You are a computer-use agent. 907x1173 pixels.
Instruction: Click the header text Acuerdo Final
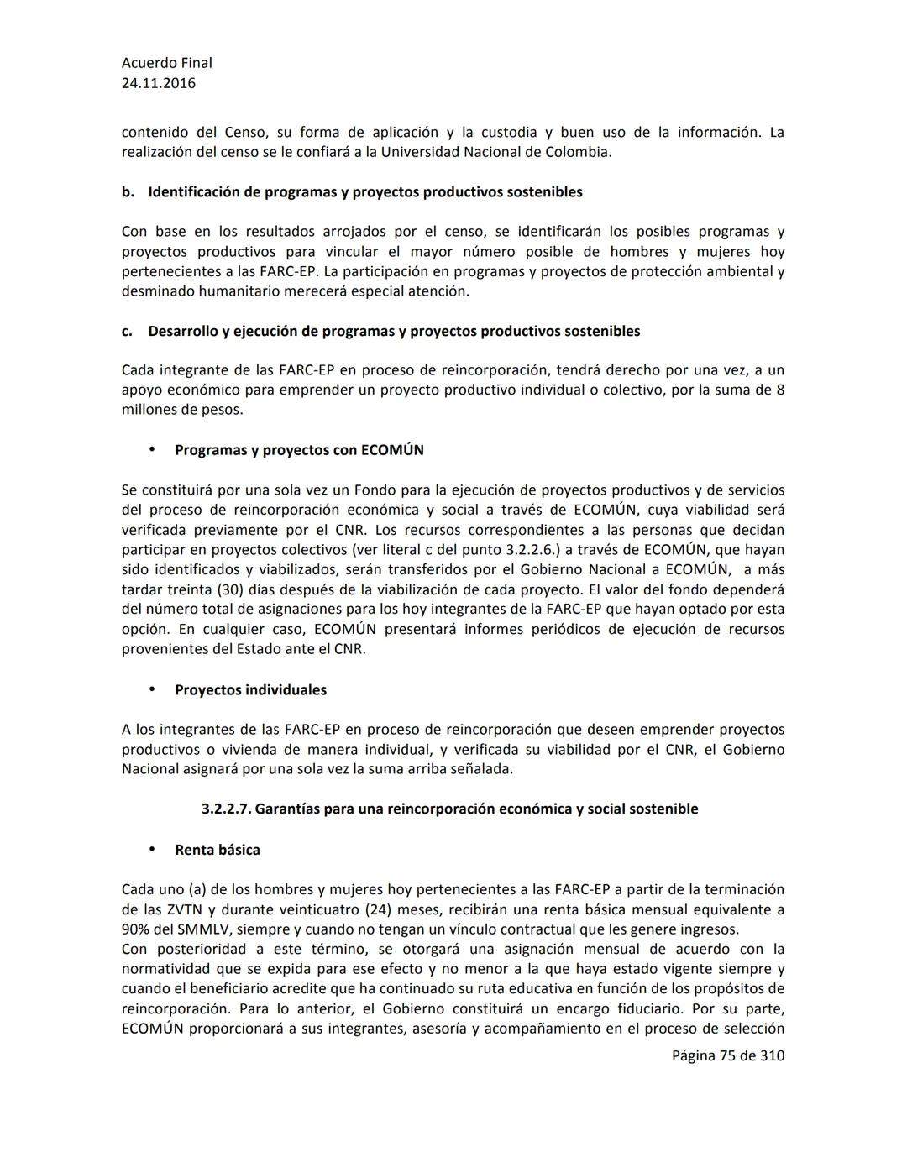[x=166, y=63]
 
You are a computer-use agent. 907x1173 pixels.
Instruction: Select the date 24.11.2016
[x=158, y=83]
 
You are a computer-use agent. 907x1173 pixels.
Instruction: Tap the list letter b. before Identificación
[x=128, y=192]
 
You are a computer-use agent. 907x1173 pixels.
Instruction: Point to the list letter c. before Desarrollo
[x=127, y=332]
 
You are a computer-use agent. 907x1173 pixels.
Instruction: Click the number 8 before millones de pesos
[x=780, y=390]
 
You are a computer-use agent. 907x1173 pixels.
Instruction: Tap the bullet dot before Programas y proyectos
[x=152, y=449]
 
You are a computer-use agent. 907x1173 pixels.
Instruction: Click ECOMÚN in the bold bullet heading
[x=392, y=450]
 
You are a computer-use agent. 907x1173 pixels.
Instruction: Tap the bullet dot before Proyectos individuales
[x=152, y=689]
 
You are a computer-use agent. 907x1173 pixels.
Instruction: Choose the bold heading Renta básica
[x=217, y=850]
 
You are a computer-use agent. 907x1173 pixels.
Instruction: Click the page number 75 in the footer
[x=728, y=1056]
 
